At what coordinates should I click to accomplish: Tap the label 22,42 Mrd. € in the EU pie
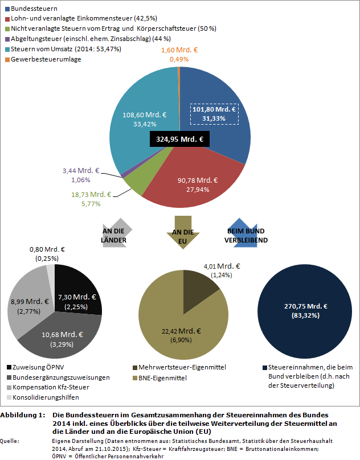point(179,331)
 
